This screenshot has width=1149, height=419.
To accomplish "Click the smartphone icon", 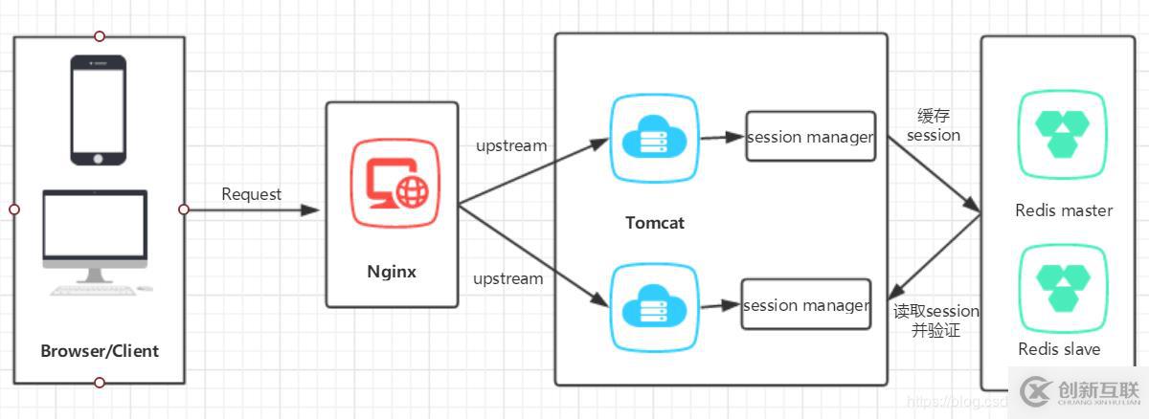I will (98, 110).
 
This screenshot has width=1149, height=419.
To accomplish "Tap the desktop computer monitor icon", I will (95, 235).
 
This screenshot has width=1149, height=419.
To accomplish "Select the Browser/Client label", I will (100, 351).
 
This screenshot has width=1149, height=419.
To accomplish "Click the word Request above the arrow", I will (252, 194).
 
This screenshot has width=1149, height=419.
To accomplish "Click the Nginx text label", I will (392, 271).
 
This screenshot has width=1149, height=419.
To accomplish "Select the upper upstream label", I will (511, 146).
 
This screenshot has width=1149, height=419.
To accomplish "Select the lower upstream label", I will (507, 279).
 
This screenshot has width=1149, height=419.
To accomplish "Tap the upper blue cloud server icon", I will (655, 140).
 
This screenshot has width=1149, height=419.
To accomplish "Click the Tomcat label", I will (655, 223).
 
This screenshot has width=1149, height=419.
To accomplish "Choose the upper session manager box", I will (810, 137).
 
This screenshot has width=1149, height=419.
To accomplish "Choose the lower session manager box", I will (806, 305).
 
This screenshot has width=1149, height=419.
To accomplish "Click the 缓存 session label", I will (933, 126).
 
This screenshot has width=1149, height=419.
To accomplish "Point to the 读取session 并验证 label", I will (935, 320).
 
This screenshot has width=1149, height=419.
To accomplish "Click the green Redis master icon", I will (1063, 134).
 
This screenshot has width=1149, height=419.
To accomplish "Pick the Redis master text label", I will (1064, 210).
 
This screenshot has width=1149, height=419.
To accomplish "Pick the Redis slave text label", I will (1059, 349).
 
